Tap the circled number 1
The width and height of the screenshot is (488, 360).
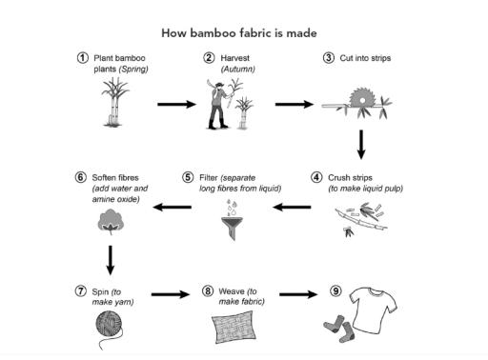84,58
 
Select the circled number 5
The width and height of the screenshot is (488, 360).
189,177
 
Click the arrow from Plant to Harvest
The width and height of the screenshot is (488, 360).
173,104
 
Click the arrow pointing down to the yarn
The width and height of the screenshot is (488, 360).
112,258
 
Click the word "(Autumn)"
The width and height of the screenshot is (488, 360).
234,70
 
